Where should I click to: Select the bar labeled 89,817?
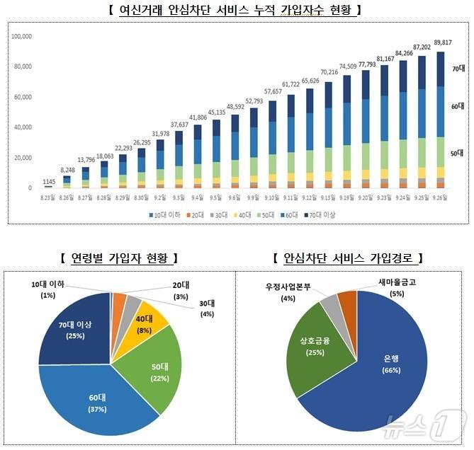tap(440, 120)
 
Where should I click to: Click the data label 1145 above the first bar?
tap(48, 182)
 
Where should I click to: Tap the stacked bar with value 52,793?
tap(253, 149)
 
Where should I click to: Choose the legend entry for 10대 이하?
tap(164, 213)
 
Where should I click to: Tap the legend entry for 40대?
tap(244, 213)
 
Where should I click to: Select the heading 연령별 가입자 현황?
tap(118, 258)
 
